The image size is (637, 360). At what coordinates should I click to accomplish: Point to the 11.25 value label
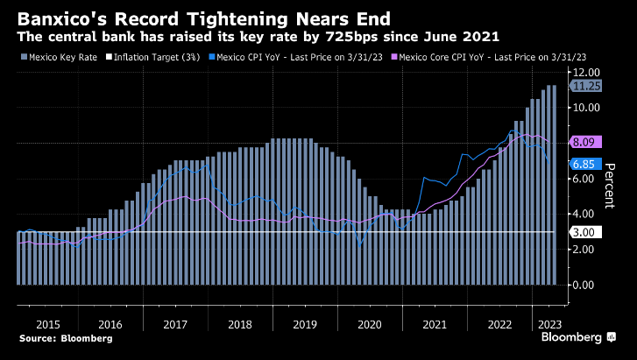coord(586,86)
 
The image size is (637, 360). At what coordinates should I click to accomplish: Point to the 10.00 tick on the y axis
coord(585,108)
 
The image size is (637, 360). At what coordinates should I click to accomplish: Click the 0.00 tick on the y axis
coord(585,285)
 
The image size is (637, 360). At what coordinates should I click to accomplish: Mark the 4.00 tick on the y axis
coord(585,214)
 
